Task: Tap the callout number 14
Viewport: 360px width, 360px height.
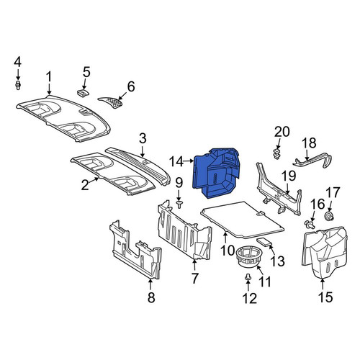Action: tap(176, 161)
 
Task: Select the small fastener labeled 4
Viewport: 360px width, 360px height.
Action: tap(18, 85)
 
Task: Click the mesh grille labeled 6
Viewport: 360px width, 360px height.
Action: tap(112, 102)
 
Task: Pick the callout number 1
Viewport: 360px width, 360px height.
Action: tap(49, 77)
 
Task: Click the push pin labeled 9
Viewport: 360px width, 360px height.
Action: tap(179, 204)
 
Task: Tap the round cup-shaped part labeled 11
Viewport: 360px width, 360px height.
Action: tap(248, 258)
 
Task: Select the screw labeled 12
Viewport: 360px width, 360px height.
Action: tap(248, 277)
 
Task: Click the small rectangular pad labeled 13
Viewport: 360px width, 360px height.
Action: tap(265, 242)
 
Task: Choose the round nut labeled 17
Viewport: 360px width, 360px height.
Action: tap(329, 216)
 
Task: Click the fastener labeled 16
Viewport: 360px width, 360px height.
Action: tap(310, 225)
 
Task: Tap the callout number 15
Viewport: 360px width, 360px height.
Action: tap(325, 297)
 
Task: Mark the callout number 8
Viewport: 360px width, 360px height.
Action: tap(151, 298)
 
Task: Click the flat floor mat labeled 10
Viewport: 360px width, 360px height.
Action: tap(243, 220)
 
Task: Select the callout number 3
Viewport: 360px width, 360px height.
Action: tap(143, 139)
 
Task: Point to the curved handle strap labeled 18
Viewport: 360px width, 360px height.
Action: tap(312, 161)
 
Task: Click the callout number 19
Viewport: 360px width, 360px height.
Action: tap(289, 176)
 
